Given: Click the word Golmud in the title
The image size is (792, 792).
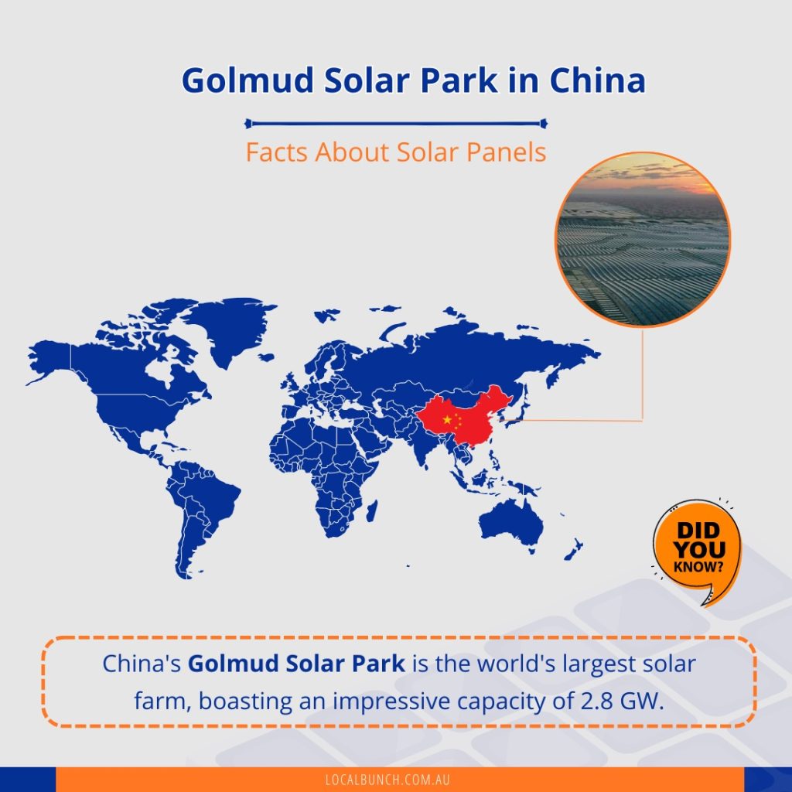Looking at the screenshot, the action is [x=247, y=80].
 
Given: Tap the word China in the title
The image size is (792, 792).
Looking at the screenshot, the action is [x=598, y=80].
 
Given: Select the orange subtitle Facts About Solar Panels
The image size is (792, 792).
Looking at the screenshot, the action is [x=395, y=152].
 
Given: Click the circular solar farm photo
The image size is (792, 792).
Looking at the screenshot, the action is [x=643, y=240].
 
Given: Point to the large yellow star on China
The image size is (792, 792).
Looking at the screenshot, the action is [x=447, y=419].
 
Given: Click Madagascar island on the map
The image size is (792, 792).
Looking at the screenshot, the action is [x=372, y=511].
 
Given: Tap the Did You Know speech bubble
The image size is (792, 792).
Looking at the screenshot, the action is [x=698, y=551].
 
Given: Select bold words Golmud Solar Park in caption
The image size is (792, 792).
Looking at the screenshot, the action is [x=296, y=664].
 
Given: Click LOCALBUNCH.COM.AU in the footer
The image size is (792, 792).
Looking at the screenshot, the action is [x=387, y=780].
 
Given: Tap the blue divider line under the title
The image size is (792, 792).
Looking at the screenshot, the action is [x=395, y=123].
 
